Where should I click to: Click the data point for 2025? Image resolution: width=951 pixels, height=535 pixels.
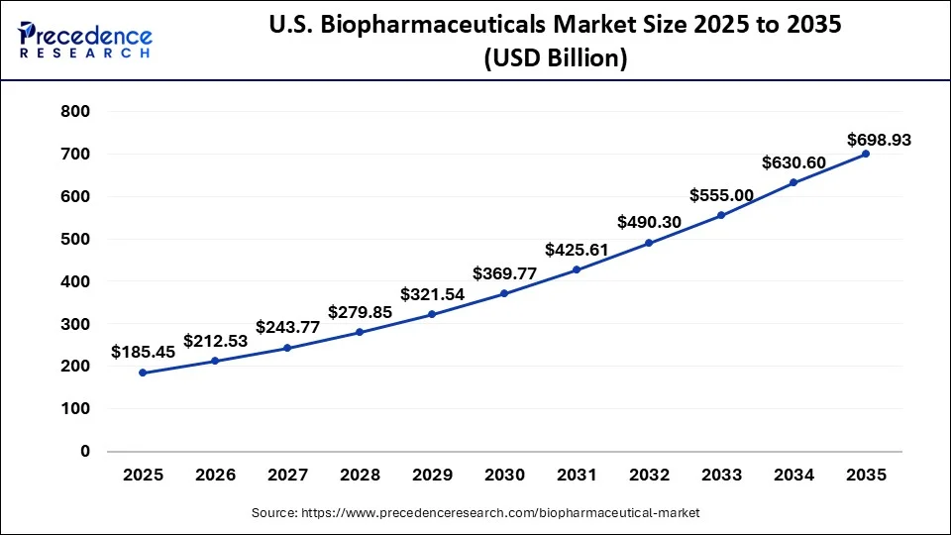(x=143, y=373)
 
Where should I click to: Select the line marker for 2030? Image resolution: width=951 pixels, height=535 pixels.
(x=504, y=293)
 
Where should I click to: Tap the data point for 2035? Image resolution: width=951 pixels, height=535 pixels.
(x=866, y=154)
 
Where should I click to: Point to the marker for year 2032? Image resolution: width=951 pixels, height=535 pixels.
(x=649, y=243)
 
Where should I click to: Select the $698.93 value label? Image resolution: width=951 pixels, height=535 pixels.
(x=879, y=141)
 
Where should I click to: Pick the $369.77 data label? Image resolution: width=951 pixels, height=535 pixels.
(x=504, y=272)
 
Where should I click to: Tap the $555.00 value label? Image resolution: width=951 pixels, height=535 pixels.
(x=721, y=195)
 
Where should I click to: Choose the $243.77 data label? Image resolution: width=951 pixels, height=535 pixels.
(x=287, y=327)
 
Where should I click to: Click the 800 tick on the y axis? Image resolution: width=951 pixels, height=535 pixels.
(x=76, y=112)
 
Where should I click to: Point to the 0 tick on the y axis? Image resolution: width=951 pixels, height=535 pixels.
(x=85, y=451)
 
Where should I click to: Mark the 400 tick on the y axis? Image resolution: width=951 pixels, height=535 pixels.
(x=76, y=281)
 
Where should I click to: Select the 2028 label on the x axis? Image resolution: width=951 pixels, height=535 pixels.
(x=360, y=476)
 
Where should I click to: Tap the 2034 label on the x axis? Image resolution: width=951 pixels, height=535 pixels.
(x=793, y=476)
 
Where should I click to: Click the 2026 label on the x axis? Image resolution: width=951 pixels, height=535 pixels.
(x=215, y=476)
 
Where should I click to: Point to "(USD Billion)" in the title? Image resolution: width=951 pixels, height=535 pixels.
(x=555, y=59)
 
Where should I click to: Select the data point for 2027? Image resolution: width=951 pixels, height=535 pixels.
(x=287, y=348)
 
